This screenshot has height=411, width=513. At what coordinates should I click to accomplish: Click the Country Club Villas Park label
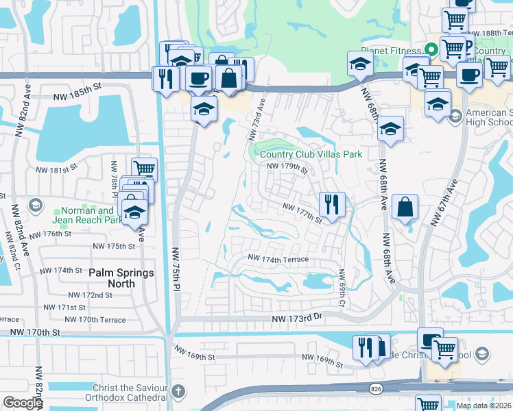[x=311, y=154]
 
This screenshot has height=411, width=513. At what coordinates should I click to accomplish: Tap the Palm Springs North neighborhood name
[x=121, y=279]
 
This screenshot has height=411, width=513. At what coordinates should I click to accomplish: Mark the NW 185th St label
[x=75, y=87]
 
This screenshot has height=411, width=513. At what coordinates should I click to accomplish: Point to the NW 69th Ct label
[x=341, y=288]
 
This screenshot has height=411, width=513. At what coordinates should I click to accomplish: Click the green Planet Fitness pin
[x=431, y=49]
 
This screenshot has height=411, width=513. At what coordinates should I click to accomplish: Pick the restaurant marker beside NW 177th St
[x=331, y=203]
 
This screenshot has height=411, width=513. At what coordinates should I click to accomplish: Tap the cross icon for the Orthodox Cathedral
[x=177, y=391]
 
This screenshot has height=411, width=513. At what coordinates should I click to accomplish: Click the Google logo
[x=23, y=403]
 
